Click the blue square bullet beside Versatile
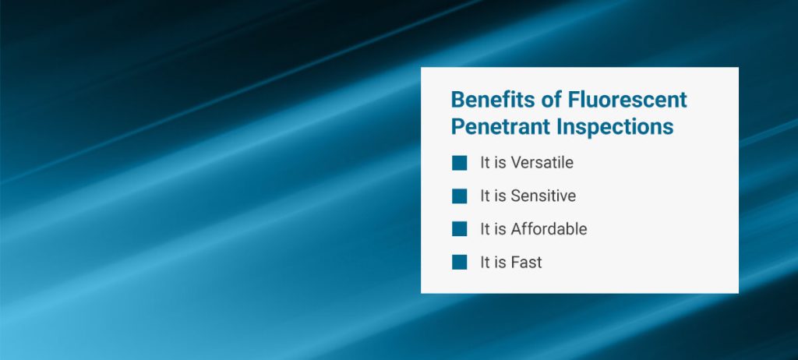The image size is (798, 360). coord(459,163)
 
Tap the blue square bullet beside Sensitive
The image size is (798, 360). coord(459,196)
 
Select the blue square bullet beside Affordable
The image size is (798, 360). coord(459,228)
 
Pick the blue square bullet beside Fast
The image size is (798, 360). coord(459,262)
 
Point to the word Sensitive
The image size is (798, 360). coord(543,196)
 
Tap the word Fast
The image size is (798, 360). coord(526,263)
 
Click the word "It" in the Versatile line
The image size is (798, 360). coord(485,163)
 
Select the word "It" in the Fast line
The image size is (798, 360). coord(485,263)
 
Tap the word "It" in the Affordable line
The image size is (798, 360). coord(485,229)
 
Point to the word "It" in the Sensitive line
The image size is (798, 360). coord(485,196)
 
